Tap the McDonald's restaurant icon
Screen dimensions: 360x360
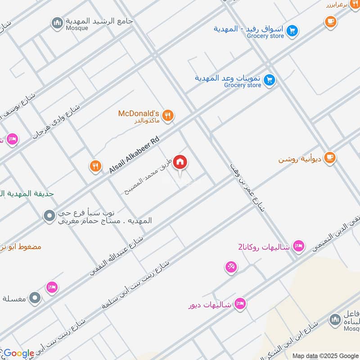[168, 116]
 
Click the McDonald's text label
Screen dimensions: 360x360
[139, 113]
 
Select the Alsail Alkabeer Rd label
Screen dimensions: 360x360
[134, 155]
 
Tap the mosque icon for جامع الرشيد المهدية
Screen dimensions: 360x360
[57, 23]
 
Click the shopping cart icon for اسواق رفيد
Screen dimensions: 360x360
[292, 31]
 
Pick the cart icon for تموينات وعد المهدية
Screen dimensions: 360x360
[270, 80]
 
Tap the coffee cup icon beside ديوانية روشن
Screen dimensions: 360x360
[330, 158]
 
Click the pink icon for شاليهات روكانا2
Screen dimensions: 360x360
[298, 246]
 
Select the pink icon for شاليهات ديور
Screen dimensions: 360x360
[240, 304]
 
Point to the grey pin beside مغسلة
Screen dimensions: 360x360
[35, 297]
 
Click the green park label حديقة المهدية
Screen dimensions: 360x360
[27, 193]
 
